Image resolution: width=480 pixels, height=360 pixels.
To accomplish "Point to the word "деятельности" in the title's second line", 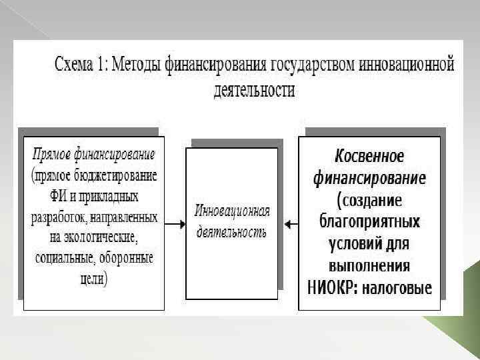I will pyautogui.click(x=254, y=89).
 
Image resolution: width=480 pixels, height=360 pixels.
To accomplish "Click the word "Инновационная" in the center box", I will pyautogui.click(x=232, y=211).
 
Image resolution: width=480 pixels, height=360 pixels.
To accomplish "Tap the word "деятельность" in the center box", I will pyautogui.click(x=231, y=233).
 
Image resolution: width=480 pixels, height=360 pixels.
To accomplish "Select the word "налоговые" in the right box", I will pyautogui.click(x=399, y=288).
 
